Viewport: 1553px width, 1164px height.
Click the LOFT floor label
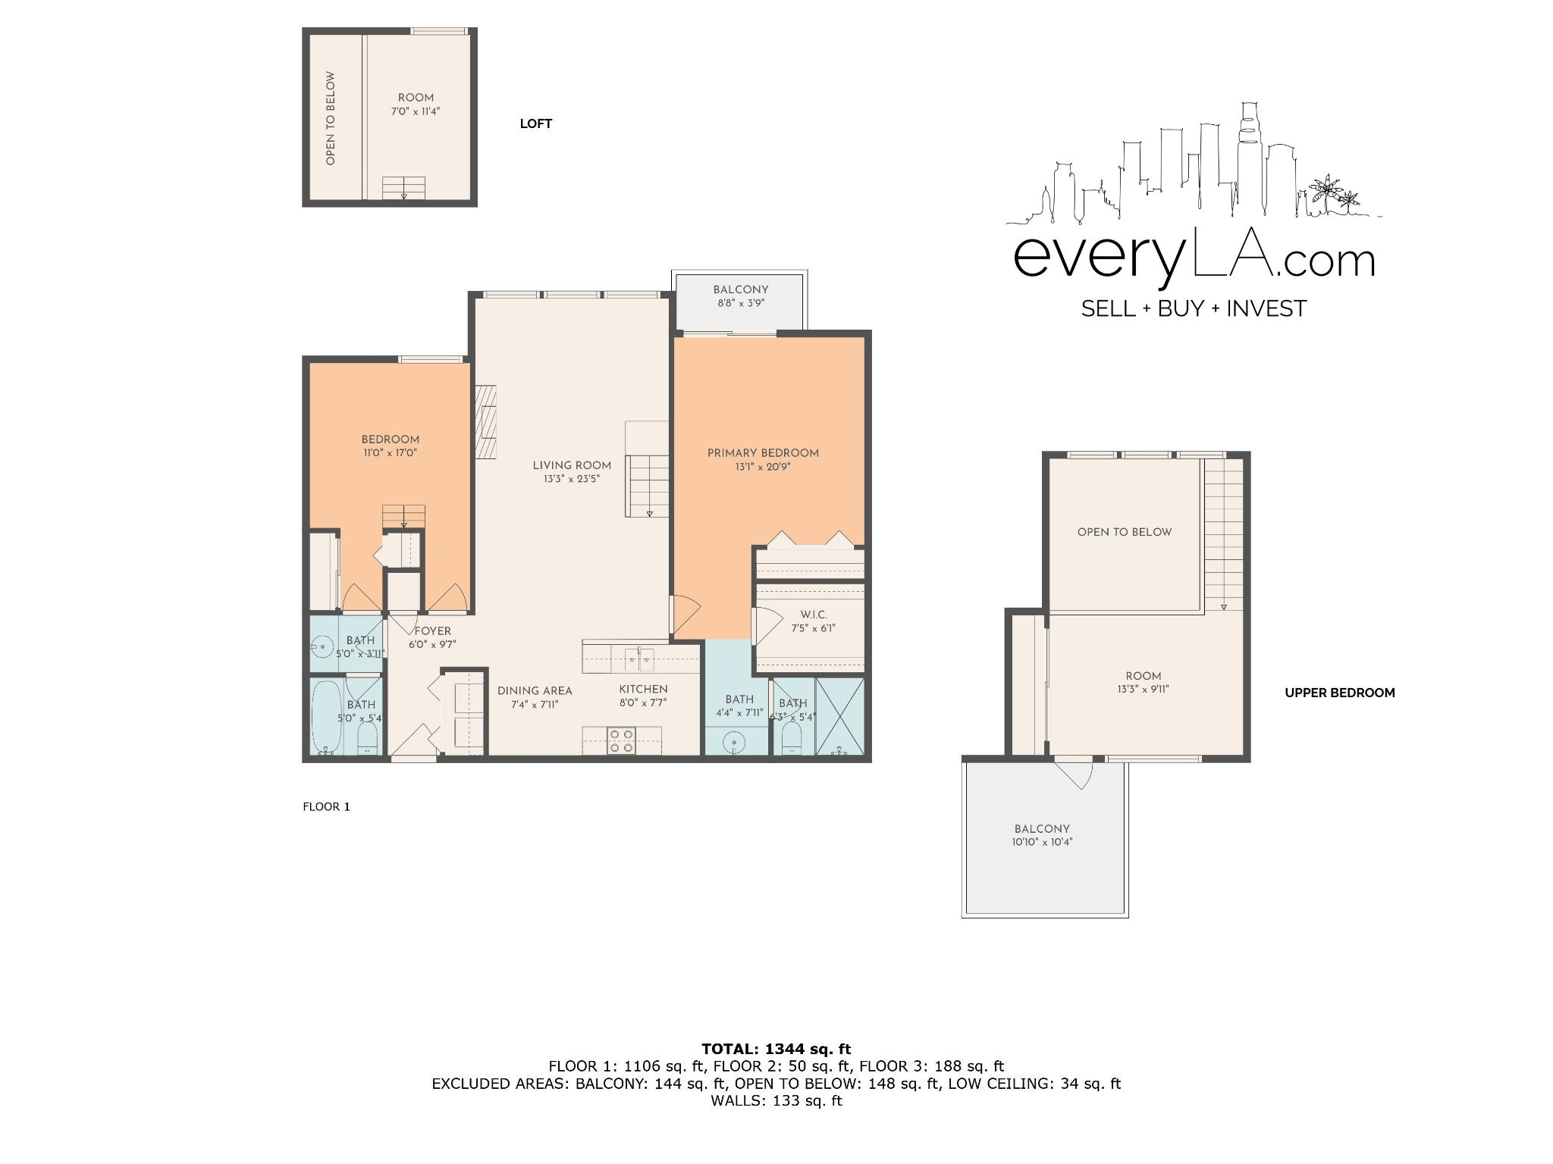[536, 124]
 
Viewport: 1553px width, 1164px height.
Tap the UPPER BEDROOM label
[1340, 693]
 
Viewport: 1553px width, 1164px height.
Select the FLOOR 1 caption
[326, 806]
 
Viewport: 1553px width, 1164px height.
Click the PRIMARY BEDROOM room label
[763, 453]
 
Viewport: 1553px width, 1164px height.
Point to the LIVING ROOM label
[572, 465]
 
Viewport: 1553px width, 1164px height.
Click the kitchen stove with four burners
[623, 740]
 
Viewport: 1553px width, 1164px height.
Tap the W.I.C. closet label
[814, 615]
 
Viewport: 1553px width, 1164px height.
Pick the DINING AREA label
[535, 690]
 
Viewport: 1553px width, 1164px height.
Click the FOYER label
[432, 630]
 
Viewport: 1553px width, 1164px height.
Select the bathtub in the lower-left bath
[327, 716]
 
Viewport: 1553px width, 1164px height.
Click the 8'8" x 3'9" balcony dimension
[741, 303]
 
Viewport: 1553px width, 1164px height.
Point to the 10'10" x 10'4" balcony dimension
[1042, 842]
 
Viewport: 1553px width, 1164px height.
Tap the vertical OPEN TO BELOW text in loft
[330, 118]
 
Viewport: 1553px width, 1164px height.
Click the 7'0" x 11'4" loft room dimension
[416, 111]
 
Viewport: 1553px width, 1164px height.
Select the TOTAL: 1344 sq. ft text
[776, 1050]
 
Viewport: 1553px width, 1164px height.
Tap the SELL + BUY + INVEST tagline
[1194, 308]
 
